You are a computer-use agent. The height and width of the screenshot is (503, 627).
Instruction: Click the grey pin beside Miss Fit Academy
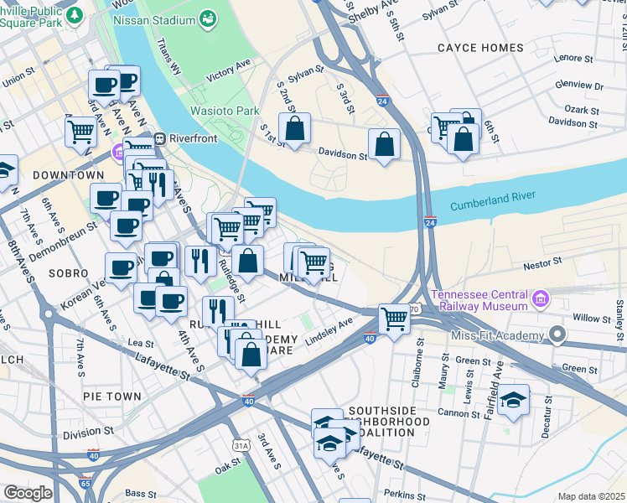(557, 334)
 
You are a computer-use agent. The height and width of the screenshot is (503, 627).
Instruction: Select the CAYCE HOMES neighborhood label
(480, 48)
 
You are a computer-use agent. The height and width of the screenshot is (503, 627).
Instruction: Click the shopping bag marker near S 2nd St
(294, 129)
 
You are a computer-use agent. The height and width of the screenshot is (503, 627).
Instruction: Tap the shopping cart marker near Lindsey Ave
(394, 319)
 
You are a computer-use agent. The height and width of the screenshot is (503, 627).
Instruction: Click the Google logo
(27, 493)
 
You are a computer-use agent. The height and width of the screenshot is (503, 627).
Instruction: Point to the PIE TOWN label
(111, 394)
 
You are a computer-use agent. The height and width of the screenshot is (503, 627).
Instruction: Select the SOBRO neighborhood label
(70, 273)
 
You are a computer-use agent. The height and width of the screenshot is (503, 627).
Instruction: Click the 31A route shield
(241, 443)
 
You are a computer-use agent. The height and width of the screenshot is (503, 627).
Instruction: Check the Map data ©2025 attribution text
(591, 496)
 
